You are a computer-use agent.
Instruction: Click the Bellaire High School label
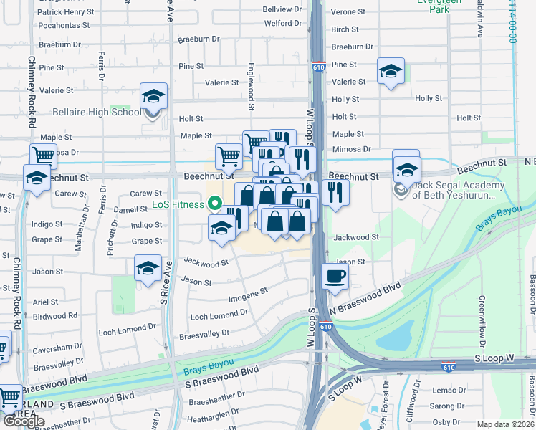(x=97, y=112)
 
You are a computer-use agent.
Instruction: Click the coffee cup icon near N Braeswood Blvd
(x=334, y=277)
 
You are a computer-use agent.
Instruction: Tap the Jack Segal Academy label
(x=459, y=191)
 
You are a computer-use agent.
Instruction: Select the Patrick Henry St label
(x=65, y=12)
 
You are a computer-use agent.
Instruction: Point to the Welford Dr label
(x=277, y=23)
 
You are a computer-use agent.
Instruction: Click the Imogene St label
(x=247, y=293)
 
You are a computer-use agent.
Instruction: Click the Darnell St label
(x=130, y=210)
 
